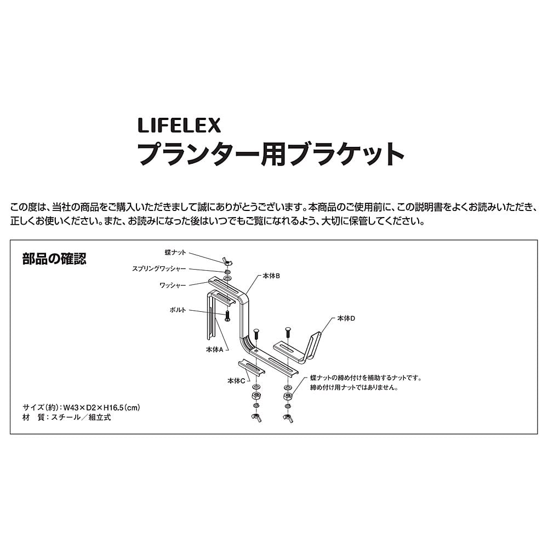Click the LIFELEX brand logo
(179, 125)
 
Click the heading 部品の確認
(54, 259)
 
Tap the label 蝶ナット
(175, 252)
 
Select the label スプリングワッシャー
(159, 269)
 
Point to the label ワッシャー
(173, 285)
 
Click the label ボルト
(178, 310)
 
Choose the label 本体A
(215, 349)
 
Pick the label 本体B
(271, 276)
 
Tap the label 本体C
(236, 381)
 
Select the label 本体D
(346, 318)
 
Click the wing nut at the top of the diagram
(227, 261)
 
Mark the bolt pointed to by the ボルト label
(227, 316)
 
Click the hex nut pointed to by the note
(288, 396)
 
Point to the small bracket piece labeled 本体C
(252, 368)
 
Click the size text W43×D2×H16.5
(101, 408)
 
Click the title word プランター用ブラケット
(271, 154)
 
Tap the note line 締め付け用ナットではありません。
(354, 387)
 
